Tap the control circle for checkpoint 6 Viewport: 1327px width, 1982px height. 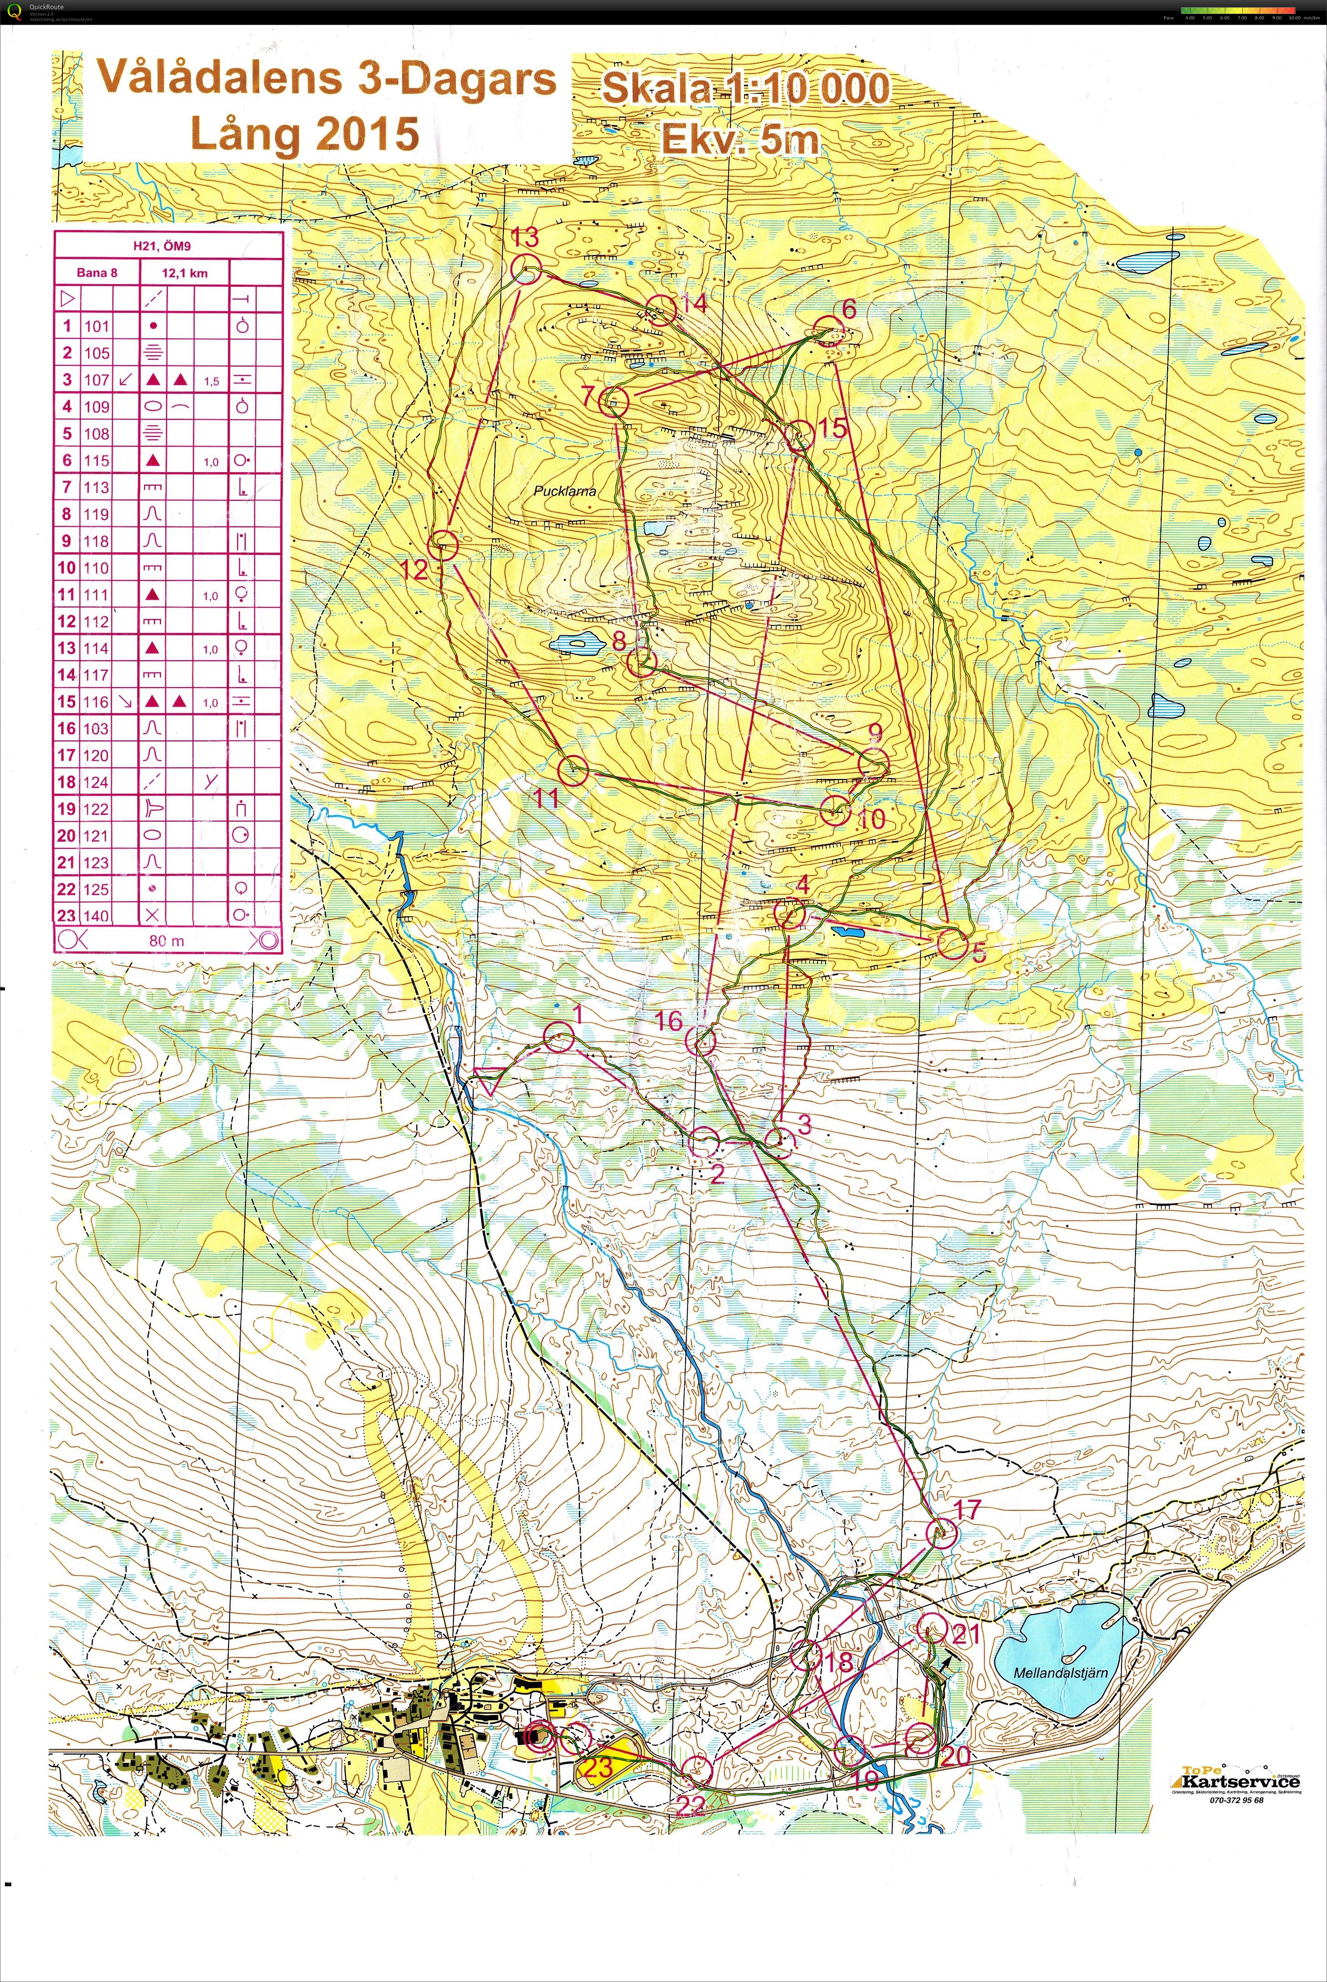(827, 331)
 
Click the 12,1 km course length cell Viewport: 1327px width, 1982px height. (184, 273)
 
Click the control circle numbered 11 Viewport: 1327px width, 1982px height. (573, 769)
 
